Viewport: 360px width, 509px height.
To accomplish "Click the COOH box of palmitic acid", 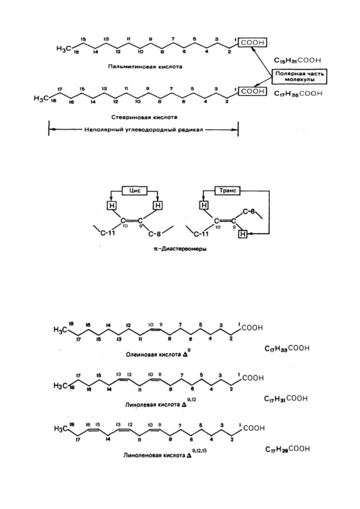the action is tap(252, 43).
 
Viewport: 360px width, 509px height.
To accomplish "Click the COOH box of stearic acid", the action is tap(252, 91).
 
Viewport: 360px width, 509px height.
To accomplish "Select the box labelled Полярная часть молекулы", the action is tap(299, 76).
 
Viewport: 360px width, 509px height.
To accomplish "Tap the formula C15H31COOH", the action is tap(297, 60).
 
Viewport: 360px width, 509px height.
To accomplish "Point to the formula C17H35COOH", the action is tap(298, 94).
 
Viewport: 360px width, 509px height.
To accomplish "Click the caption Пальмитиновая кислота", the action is tap(145, 67).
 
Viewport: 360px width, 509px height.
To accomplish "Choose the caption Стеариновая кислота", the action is tap(144, 117).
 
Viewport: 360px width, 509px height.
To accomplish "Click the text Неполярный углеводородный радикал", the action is tap(143, 130).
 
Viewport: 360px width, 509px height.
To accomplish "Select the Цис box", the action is tap(135, 191).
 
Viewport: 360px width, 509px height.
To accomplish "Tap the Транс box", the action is tap(228, 191).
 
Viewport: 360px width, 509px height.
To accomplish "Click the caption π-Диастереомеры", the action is tap(180, 249).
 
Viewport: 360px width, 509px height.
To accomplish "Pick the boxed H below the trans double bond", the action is tap(243, 234).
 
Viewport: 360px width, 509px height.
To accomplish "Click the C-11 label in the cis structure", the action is tap(108, 233).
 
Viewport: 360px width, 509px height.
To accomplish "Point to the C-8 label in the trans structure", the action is tap(249, 212).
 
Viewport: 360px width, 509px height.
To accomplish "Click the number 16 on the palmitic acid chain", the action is tap(76, 52).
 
